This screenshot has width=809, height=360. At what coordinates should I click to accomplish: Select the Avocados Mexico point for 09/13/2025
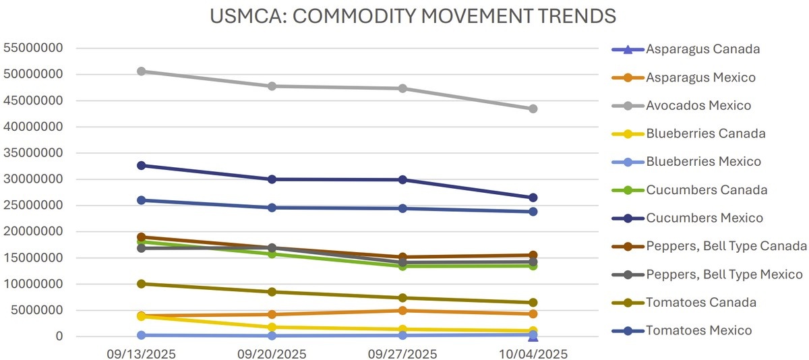[142, 71]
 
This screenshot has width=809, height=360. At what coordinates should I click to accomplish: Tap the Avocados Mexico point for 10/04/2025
[533, 109]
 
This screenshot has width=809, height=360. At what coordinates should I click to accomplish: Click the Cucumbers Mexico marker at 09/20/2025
[272, 179]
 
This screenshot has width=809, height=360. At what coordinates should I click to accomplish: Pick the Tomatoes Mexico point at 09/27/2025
[402, 208]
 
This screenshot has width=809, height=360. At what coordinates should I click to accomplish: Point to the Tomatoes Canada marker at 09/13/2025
[142, 284]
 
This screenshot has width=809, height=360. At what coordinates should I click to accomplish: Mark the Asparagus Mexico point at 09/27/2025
[402, 311]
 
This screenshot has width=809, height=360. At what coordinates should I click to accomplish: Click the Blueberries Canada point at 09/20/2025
[272, 327]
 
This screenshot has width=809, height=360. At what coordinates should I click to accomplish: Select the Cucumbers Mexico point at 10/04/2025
[533, 198]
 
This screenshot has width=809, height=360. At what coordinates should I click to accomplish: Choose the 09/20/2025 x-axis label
[272, 354]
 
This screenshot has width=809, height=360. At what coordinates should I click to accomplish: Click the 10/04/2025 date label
[533, 354]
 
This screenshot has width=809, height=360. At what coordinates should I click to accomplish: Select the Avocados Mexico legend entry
[698, 106]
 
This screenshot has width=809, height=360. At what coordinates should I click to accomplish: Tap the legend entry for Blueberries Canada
[705, 133]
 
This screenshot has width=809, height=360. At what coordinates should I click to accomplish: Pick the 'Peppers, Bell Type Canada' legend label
[726, 246]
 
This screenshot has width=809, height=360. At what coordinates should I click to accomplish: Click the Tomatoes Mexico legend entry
[698, 330]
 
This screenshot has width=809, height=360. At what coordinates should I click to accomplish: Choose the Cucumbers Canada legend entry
[706, 190]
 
